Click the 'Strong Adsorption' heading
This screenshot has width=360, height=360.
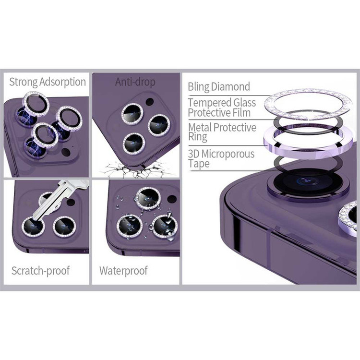pos(48,82)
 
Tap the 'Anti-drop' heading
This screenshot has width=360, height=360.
pos(135,82)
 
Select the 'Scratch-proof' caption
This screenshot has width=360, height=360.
pos(41,271)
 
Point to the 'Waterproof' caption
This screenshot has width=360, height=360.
pos(123,271)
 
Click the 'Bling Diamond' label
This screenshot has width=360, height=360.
pos(219,87)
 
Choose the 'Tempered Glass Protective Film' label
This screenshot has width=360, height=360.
pos(222,108)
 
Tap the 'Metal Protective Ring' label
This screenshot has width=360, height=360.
pos(222,132)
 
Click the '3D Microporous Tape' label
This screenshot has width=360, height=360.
pos(221,159)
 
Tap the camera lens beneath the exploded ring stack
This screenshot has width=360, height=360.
pos(308,182)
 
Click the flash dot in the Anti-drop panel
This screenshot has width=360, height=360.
pos(150,102)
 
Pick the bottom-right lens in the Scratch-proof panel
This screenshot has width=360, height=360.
pos(64,227)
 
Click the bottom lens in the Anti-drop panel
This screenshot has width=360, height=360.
pos(134,144)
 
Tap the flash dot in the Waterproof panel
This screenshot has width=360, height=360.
pos(172,199)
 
